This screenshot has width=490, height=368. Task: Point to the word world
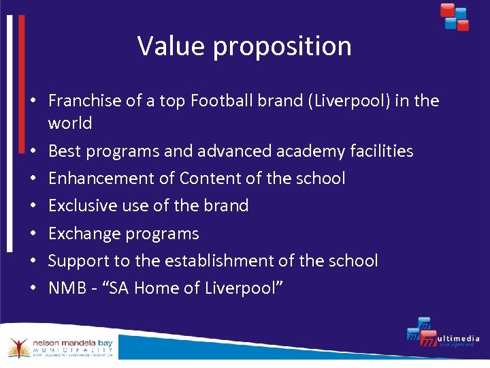click(70, 123)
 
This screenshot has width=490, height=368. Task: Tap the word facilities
click(379, 151)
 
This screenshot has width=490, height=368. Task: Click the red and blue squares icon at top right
click(454, 17)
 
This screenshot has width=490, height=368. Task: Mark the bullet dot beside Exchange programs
click(32, 234)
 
